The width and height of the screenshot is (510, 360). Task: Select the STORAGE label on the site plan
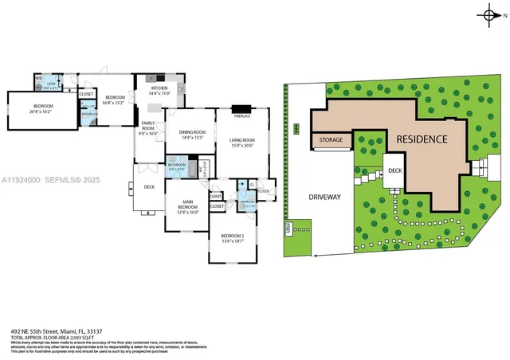pos(331,140)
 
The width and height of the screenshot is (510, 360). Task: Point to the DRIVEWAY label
pos(324,197)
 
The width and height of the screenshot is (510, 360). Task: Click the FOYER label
pos(264,191)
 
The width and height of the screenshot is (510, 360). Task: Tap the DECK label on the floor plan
pos(149,187)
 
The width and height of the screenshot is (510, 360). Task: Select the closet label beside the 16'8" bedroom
pos(86,93)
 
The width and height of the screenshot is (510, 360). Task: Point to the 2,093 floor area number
pos(76,338)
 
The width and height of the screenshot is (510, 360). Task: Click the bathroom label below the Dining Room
pos(177,165)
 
